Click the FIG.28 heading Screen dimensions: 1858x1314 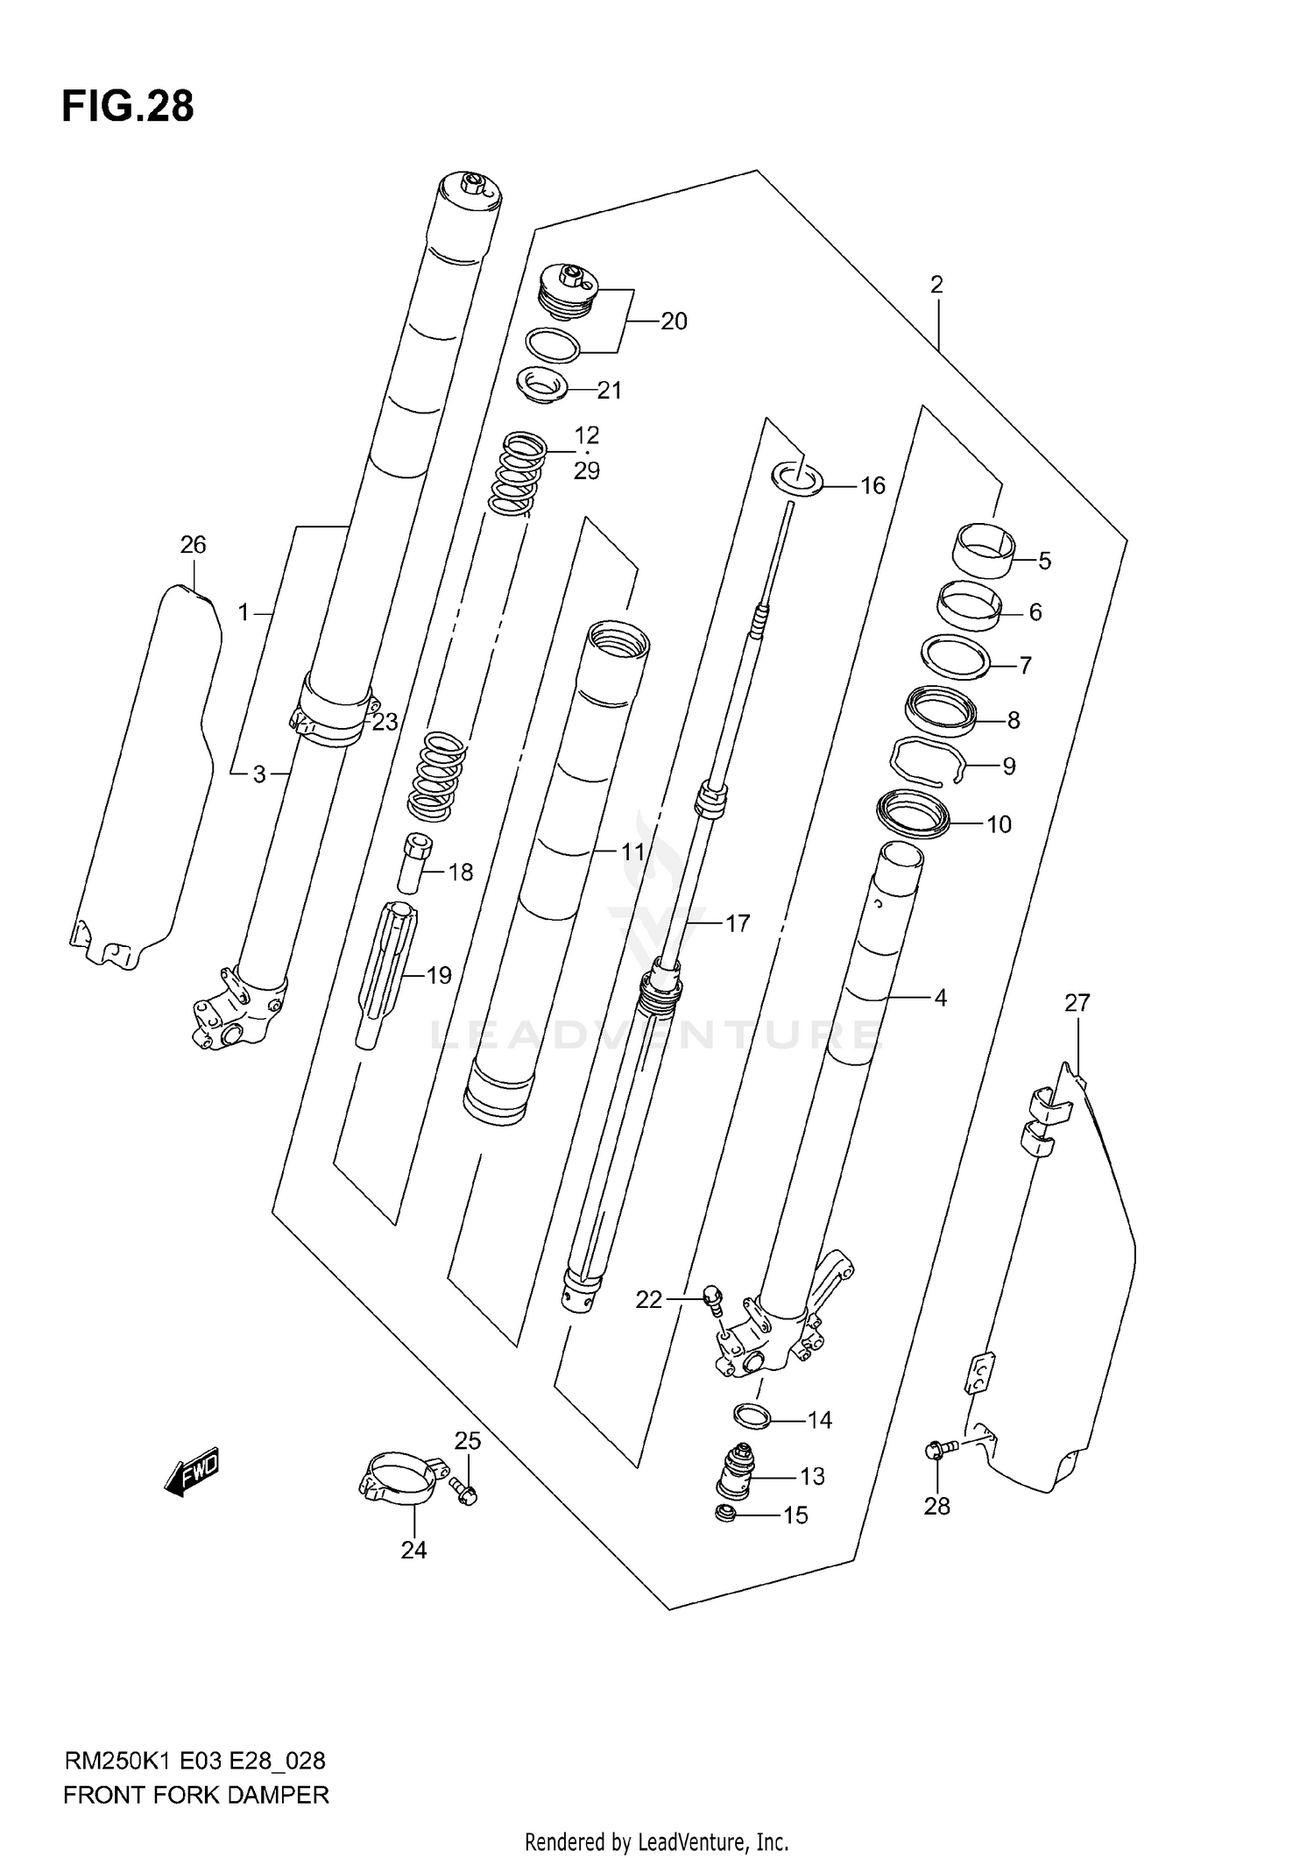pos(128,107)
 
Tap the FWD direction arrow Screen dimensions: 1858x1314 pos(192,1475)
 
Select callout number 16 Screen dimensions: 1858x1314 pos(872,485)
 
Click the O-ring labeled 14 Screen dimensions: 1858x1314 pos(751,1416)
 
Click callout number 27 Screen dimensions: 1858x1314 pos(1077,1003)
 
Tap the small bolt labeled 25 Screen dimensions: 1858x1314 pos(464,1489)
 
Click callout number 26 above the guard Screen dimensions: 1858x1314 pos(193,545)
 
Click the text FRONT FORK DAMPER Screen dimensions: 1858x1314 pos(195,1795)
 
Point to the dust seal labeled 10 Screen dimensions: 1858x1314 pos(913,814)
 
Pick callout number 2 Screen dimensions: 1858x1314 pos(936,285)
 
